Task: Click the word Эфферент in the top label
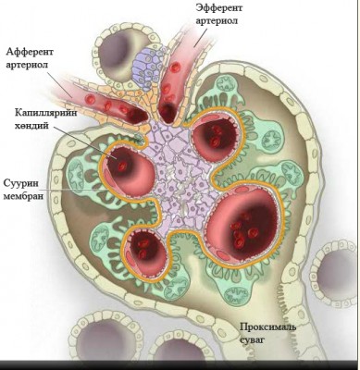(219, 7)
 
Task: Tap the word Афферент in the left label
(30, 52)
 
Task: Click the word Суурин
(21, 183)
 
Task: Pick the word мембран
(23, 196)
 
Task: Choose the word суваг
(253, 340)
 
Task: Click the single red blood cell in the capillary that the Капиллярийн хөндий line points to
(123, 166)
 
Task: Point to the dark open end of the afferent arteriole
(138, 115)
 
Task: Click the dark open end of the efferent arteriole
(167, 113)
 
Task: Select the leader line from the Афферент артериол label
(59, 85)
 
